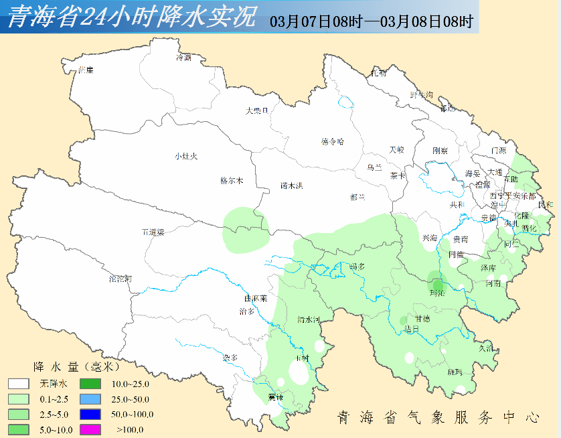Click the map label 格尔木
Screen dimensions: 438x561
tap(232, 181)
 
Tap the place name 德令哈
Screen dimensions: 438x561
tap(332, 141)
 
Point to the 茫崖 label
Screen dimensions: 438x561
tap(86, 70)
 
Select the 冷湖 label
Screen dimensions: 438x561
tap(183, 58)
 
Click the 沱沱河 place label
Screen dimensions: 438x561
tap(121, 278)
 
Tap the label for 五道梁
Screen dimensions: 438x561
tap(153, 232)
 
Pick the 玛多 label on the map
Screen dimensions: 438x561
tap(358, 267)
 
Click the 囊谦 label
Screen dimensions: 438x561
tap(275, 397)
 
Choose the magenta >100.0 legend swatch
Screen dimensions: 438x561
tap(90, 429)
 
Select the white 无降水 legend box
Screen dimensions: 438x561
tap(19, 384)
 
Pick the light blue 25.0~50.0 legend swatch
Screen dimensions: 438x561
tap(90, 399)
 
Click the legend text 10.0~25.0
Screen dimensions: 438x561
tap(130, 384)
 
